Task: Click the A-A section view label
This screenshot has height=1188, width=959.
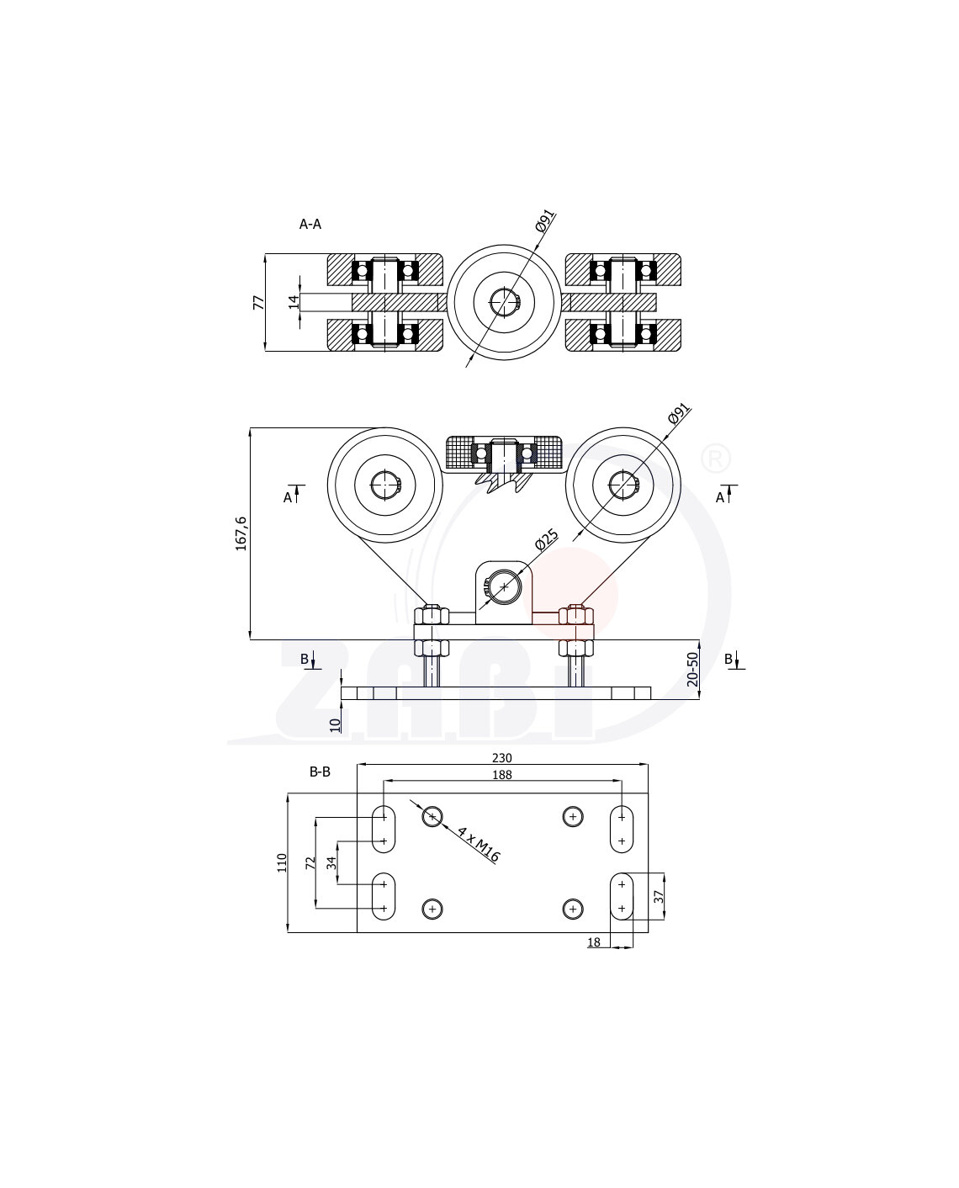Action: [x=310, y=224]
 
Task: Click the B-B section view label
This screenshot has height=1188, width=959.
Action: [x=320, y=771]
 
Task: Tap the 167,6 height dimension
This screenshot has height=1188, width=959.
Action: [x=241, y=533]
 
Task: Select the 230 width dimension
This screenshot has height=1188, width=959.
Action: [x=501, y=758]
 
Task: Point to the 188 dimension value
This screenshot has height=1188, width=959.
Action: [x=501, y=775]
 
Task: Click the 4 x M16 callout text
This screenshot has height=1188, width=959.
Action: [x=479, y=844]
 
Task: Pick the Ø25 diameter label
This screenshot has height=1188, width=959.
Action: [x=547, y=539]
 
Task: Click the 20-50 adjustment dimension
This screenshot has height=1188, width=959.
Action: [x=692, y=670]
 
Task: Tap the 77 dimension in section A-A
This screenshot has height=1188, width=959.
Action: [x=259, y=302]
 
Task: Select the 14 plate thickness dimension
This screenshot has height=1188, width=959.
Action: [x=294, y=302]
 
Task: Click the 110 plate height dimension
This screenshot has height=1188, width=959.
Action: [x=282, y=862]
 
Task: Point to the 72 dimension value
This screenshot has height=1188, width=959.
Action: [x=310, y=862]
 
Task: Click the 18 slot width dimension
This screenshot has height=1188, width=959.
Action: [x=594, y=942]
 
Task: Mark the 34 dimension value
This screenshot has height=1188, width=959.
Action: [x=331, y=862]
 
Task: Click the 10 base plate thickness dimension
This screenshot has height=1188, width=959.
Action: [x=335, y=723]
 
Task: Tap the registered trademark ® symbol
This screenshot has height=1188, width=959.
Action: [x=716, y=459]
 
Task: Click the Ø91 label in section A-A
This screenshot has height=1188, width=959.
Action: [x=544, y=224]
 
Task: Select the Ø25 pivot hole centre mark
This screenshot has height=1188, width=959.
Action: [x=504, y=586]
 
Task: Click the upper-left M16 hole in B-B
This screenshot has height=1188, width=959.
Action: [x=432, y=816]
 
